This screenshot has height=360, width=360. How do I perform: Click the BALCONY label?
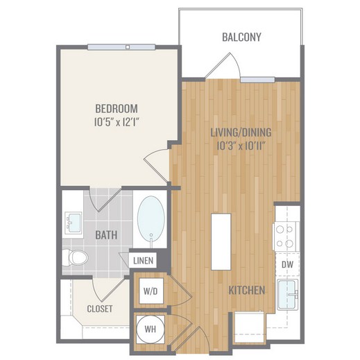pos(241,37)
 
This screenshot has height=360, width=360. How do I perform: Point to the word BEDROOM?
pos(117,109)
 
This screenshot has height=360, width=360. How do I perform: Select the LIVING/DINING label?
pos(241,132)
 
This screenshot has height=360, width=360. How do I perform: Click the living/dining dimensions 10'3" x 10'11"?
pos(241,146)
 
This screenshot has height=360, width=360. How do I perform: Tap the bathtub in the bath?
pos(151,219)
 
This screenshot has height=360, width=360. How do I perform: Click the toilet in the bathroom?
pos(75,257)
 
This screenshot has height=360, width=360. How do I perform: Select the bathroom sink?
pos(74,223)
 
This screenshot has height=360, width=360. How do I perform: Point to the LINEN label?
pos(144,261)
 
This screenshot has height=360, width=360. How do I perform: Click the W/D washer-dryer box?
pos(151,291)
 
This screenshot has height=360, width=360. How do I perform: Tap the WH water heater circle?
pos(151,329)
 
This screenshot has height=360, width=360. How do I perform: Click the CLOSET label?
pos(100,309)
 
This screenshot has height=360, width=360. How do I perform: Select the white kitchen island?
pos(221,242)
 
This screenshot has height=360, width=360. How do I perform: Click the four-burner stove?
pos(286,237)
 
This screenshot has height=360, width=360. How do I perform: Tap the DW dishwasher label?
pos(287,264)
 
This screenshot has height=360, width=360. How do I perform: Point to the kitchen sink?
pos(288,294)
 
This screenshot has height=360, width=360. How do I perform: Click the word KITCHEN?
pos(247,290)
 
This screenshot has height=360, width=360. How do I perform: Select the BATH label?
pos(106,235)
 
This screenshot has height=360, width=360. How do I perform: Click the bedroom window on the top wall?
pos(121,47)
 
